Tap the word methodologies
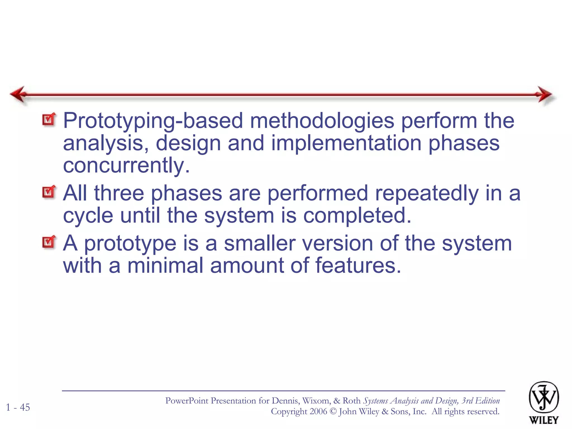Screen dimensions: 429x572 point(322,121)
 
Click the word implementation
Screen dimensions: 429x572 point(346,143)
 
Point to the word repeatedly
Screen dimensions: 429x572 point(426,193)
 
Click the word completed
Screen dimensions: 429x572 point(357,216)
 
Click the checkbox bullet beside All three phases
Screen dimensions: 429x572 point(49,192)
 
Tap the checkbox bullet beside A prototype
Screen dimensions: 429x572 point(49,242)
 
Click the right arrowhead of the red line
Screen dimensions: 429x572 point(545,94)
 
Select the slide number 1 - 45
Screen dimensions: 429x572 point(18,407)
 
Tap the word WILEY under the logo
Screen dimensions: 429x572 point(544,420)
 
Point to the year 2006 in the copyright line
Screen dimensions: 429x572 point(318,411)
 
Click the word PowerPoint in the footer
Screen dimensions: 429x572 point(187,401)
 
